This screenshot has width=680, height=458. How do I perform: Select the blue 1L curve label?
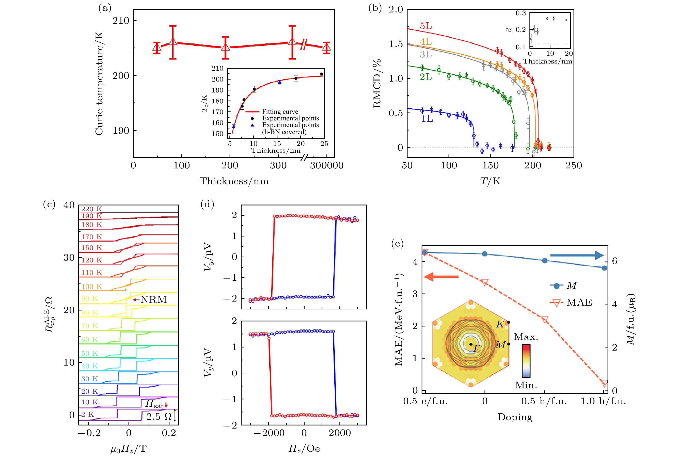427,119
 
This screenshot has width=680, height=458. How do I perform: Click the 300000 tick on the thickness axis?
327,166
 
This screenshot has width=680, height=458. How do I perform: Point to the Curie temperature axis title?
99,83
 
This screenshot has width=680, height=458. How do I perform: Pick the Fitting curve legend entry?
280,112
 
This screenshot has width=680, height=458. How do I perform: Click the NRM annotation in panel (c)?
153,300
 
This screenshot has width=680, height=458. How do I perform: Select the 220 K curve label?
91,209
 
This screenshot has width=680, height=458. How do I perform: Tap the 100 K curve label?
91,287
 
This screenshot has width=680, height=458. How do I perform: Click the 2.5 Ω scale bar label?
159,417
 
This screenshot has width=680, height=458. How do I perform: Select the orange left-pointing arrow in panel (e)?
441,277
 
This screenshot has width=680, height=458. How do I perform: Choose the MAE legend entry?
579,302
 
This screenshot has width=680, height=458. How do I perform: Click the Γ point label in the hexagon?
477,348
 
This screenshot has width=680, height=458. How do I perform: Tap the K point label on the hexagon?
500,324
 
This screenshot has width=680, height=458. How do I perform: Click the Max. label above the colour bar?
526,337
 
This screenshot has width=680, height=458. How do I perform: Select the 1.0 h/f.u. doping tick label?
603,401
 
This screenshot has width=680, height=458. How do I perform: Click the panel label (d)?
207,204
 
